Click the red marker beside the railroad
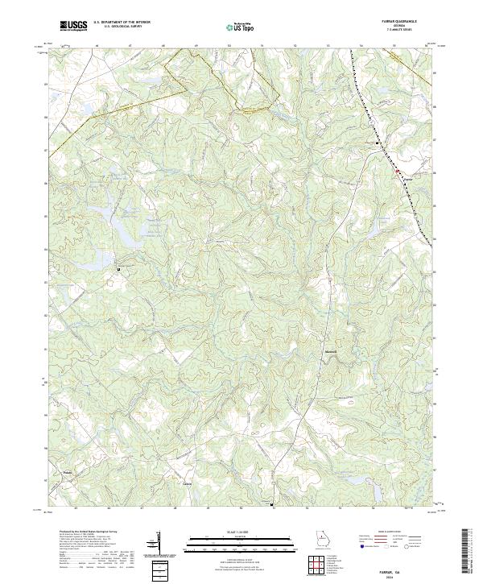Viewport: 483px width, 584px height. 396,170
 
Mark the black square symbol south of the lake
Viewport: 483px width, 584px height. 119,267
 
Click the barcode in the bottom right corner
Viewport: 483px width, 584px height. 468,552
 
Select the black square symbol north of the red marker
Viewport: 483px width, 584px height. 378,143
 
